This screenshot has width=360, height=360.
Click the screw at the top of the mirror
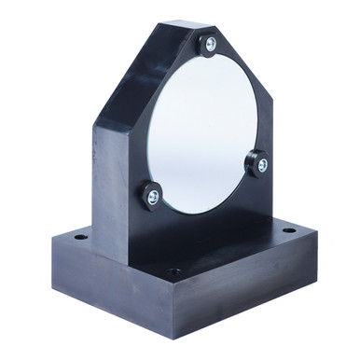210,44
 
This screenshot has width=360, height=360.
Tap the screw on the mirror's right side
262,165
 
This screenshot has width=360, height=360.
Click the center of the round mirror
205,131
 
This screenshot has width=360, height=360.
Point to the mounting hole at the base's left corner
81,238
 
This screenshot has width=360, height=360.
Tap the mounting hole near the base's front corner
174,271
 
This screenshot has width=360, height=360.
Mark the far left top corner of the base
52,234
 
